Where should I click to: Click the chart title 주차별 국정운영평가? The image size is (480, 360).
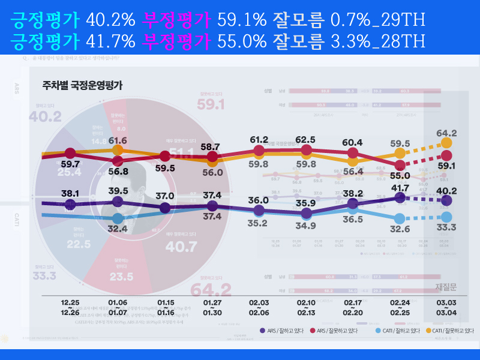[x=83, y=85]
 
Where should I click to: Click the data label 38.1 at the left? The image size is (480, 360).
[x=70, y=193]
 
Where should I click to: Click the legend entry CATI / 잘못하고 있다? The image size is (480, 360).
[x=449, y=331]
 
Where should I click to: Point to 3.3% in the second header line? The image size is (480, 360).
[x=350, y=41]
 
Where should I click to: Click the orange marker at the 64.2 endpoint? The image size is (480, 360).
[x=446, y=143]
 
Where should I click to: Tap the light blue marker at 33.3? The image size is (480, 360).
[x=446, y=217]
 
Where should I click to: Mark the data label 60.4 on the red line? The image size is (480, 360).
[x=352, y=142]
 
